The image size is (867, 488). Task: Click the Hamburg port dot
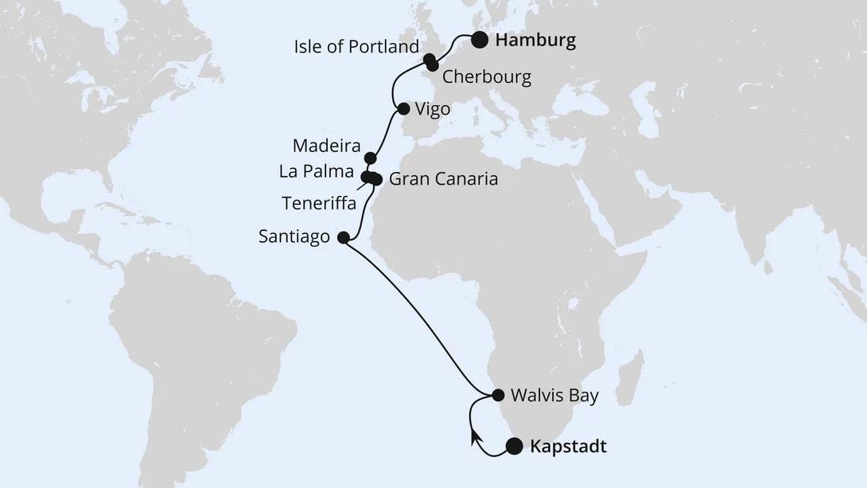(x=480, y=41)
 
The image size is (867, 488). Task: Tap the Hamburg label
(x=535, y=41)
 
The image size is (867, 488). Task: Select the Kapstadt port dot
(x=515, y=447)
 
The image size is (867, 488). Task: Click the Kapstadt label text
(x=568, y=447)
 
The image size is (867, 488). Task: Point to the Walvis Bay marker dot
(x=498, y=395)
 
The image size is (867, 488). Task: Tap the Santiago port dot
(x=343, y=237)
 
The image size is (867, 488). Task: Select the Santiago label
(x=294, y=237)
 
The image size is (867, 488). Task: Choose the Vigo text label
(x=433, y=109)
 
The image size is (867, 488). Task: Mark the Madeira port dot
(x=370, y=158)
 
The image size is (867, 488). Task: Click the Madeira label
(x=327, y=146)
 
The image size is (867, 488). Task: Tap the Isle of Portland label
(x=356, y=47)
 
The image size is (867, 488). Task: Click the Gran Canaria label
(x=444, y=179)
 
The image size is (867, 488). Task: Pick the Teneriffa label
(x=318, y=203)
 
